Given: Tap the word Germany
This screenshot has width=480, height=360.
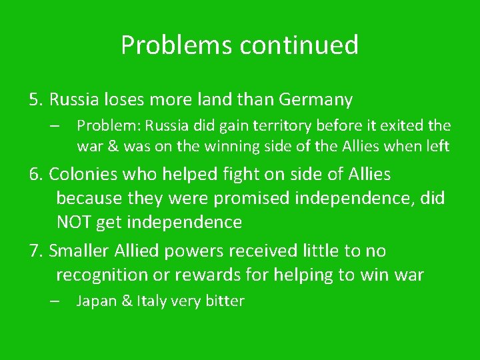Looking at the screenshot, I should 315,100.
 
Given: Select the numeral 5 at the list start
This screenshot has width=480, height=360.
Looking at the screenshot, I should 34,100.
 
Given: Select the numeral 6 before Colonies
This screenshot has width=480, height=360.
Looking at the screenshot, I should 34,174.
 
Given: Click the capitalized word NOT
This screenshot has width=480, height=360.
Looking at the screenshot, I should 74,222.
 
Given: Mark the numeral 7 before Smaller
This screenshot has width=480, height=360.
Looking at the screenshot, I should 34,251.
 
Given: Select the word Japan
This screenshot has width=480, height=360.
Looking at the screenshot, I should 96,301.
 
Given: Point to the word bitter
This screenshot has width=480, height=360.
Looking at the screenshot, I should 224,301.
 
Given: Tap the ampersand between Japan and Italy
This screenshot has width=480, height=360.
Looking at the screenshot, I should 125,301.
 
